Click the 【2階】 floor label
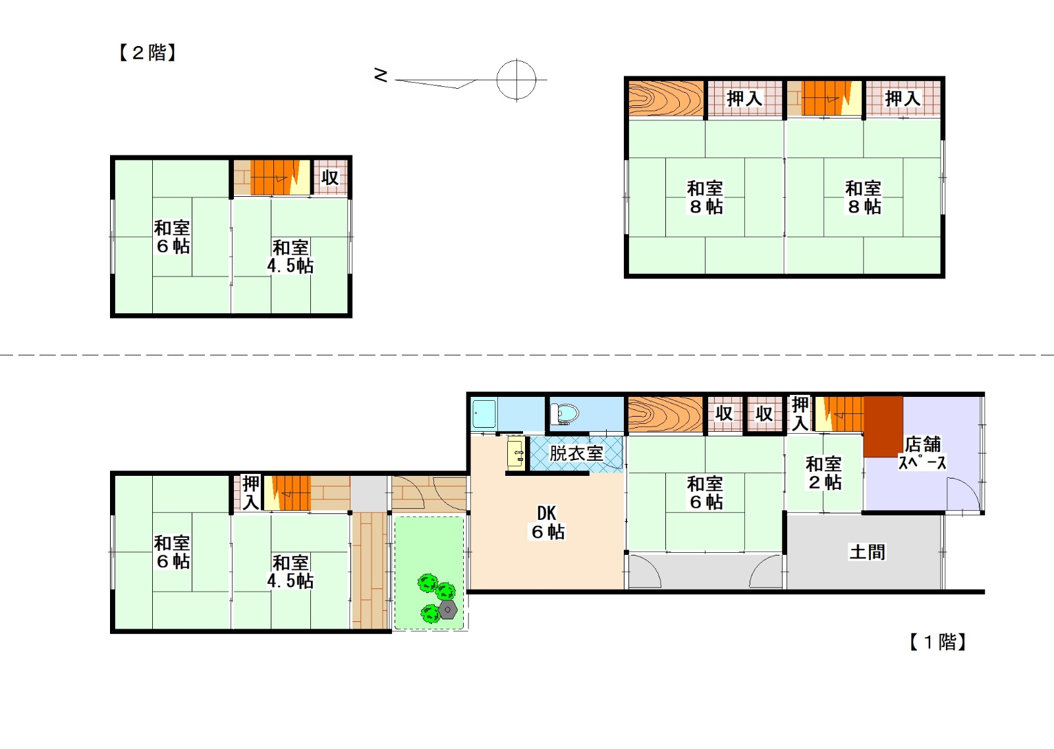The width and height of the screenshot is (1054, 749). [148, 53]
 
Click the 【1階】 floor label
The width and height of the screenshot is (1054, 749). [938, 642]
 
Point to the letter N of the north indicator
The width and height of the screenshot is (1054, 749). [381, 75]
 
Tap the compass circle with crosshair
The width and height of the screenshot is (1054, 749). [516, 80]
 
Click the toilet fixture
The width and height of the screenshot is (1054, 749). [564, 414]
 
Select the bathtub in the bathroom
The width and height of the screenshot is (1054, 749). [484, 414]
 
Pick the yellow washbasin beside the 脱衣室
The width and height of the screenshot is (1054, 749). [516, 453]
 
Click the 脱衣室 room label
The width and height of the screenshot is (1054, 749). [576, 453]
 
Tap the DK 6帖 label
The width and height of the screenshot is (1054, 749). [547, 523]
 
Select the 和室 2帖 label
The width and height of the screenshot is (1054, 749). [824, 473]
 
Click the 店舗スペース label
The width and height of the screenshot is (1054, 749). [922, 453]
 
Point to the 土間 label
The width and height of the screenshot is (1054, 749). [867, 552]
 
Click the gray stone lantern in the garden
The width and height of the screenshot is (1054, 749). [447, 609]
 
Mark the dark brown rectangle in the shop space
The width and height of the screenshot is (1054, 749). [883, 426]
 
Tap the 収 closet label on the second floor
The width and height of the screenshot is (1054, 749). [330, 178]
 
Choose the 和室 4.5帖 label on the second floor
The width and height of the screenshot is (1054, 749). [291, 257]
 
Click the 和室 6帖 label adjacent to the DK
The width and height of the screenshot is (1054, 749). [706, 493]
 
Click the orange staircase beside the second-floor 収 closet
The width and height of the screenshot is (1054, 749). [275, 177]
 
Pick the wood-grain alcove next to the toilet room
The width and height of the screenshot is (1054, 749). [665, 414]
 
